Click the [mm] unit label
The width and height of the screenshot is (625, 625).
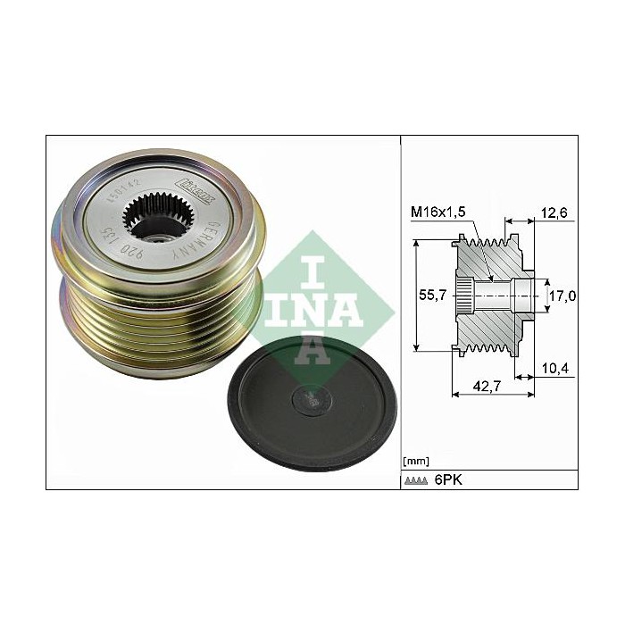point(417,461)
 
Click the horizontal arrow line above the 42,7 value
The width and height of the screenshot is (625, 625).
point(491,377)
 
